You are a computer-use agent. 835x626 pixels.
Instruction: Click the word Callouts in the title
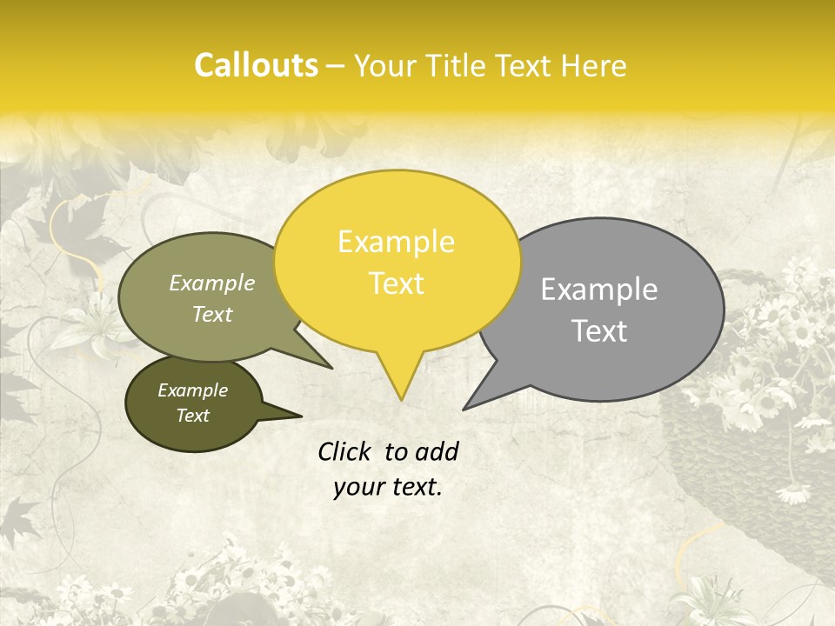click(256, 65)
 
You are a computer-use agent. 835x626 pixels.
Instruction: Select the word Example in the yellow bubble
click(396, 242)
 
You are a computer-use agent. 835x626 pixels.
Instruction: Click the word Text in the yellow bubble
click(396, 283)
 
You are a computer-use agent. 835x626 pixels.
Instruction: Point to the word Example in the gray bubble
click(599, 290)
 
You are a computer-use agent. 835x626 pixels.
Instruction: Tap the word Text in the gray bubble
click(599, 331)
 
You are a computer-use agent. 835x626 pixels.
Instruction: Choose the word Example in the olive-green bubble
click(212, 283)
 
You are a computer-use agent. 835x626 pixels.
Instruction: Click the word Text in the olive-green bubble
click(212, 314)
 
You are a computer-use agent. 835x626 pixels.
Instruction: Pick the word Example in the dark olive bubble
click(192, 390)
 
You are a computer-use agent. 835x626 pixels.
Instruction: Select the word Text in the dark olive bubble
click(192, 416)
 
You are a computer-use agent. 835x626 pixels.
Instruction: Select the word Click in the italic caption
click(345, 451)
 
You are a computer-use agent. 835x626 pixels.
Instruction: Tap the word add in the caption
click(437, 451)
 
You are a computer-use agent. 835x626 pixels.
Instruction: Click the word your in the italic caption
click(358, 487)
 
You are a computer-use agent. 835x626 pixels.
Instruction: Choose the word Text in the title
click(526, 65)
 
